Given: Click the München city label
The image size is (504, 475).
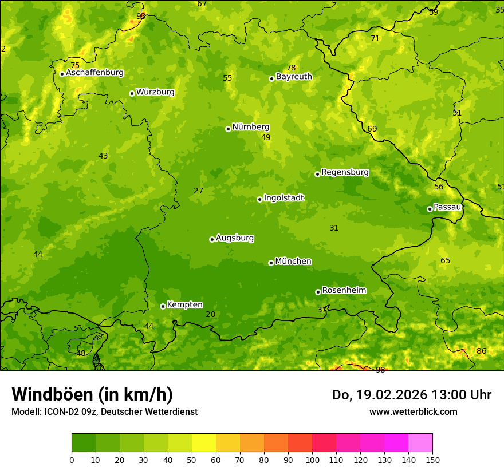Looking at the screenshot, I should pos(293,262).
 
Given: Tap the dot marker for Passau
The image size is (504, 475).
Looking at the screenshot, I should pos(430,209).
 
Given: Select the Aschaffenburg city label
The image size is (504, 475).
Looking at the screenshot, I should pos(94,73).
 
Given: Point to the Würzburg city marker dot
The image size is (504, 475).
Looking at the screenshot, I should pos(132,93).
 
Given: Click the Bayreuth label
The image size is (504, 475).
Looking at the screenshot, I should pos(294,77).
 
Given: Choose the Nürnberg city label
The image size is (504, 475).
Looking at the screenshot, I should pos(250,127).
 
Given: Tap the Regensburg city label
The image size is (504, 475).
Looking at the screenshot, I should pos(345,172).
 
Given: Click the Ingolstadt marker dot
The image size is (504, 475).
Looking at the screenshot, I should pos(259,199).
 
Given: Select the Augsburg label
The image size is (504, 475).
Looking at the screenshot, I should pos(235,238).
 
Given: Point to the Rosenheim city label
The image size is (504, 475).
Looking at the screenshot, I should pos(344,291).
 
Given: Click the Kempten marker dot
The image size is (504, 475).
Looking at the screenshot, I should pos(163,306).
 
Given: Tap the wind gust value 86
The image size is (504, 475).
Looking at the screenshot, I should pos(481,351).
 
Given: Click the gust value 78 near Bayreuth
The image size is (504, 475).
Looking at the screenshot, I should pos(291,68).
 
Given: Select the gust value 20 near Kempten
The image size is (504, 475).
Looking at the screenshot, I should pos(210,314).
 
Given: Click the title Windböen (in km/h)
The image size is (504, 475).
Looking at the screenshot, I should pos(92,394).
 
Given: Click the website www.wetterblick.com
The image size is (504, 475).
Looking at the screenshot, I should pos(413,412).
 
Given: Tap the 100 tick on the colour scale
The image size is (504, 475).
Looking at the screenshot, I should pos(312,460).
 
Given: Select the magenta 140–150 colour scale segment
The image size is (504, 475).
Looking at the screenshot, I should pos(420,443).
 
